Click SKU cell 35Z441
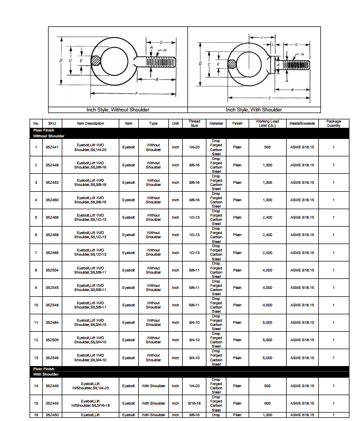52,147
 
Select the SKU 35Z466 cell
52,217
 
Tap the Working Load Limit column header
267,124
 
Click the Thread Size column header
194,124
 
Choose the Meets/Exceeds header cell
302,124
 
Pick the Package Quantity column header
334,124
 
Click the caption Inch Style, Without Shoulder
118,110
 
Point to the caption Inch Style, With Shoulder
254,110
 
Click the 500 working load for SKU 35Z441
267,147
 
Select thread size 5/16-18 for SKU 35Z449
194,403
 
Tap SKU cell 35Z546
52,358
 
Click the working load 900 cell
267,403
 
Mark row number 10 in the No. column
36,305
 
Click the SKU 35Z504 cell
52,270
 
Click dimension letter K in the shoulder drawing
278,64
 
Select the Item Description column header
90,124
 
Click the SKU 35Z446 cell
52,386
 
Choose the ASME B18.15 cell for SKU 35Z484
302,323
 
